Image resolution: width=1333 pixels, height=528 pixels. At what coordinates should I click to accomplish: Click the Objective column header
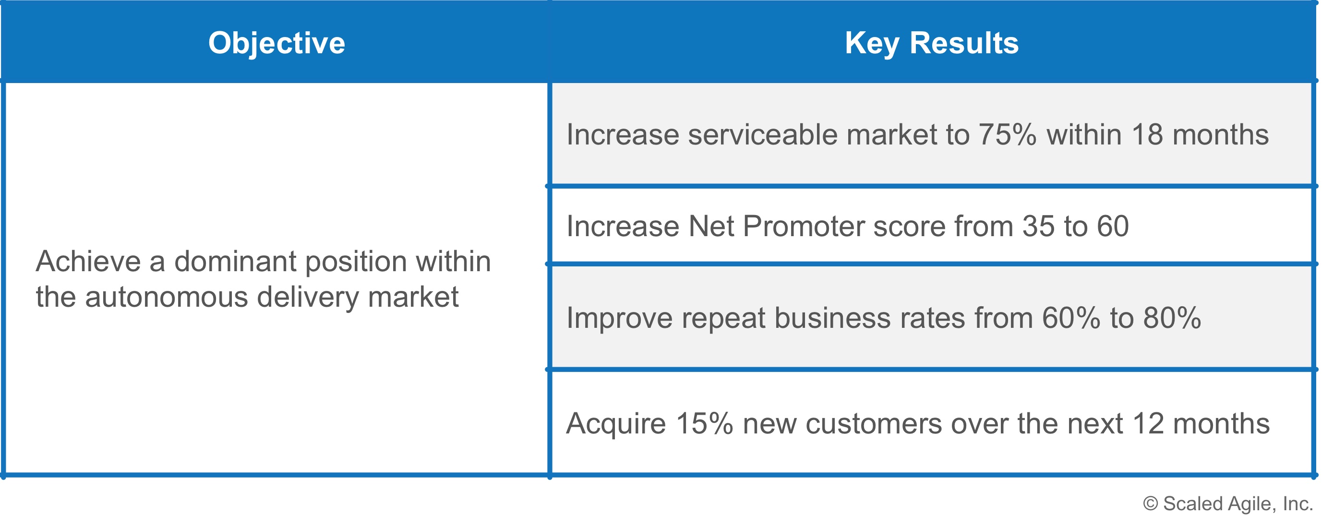[277, 44]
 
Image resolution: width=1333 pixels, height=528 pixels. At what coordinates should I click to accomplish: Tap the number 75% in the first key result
[1008, 134]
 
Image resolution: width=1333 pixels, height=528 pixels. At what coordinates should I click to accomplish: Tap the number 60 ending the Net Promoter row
[1113, 227]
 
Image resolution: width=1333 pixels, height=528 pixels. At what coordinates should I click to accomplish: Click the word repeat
[723, 318]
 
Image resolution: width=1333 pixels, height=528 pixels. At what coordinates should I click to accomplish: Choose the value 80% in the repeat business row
[1172, 318]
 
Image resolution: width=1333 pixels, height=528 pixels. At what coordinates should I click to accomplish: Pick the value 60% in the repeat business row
[1070, 318]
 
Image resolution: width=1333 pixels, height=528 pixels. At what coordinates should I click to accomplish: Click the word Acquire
[616, 424]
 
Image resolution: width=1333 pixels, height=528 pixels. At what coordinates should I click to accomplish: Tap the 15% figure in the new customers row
[705, 424]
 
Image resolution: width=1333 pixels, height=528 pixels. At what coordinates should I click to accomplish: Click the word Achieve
[88, 262]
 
